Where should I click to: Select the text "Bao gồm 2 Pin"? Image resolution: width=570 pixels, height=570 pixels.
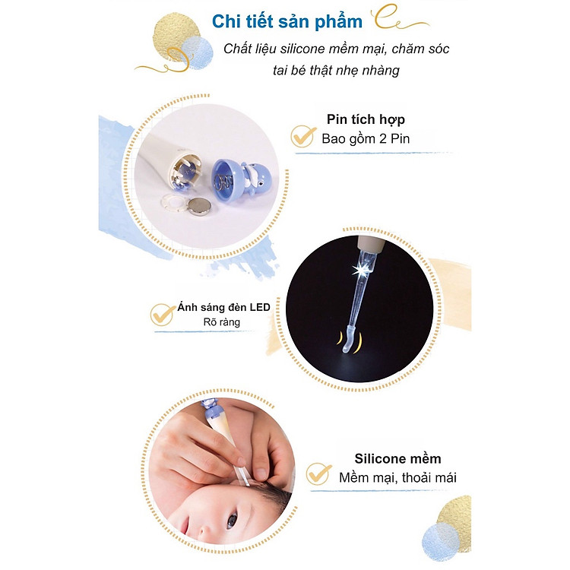(x=365, y=139)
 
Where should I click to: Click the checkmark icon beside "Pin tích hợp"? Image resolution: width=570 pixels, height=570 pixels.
(x=303, y=135)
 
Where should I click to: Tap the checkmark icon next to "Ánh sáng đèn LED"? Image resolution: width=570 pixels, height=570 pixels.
(x=162, y=314)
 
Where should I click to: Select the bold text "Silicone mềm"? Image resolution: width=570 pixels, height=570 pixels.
(x=397, y=458)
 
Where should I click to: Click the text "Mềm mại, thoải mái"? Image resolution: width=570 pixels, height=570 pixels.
(x=397, y=478)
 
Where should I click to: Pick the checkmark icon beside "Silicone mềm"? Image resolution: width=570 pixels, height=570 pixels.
(x=318, y=473)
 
